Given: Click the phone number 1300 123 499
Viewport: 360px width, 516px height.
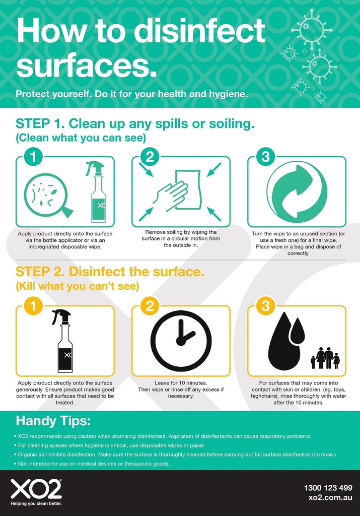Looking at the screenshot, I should (328, 487).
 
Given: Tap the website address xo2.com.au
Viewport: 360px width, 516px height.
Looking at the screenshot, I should (330, 497).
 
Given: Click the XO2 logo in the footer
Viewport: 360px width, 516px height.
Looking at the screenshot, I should (36, 489).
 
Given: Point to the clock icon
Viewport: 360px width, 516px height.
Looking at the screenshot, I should (181, 341).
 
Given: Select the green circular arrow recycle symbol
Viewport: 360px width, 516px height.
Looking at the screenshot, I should (297, 192).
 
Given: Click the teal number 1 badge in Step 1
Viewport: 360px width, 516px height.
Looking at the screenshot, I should (33, 157).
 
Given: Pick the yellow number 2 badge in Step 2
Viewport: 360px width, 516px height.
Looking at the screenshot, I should (150, 306).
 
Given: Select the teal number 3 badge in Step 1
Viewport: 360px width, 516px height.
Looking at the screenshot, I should (265, 157).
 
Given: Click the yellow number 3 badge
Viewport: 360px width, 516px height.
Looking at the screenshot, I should (265, 306).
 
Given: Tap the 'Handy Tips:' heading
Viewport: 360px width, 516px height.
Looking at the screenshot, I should (53, 421).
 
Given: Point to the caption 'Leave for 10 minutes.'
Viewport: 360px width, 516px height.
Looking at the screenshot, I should (181, 383).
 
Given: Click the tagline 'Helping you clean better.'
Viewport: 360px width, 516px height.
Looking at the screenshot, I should (36, 503).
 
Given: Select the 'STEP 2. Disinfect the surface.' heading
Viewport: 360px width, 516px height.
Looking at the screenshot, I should (110, 272).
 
